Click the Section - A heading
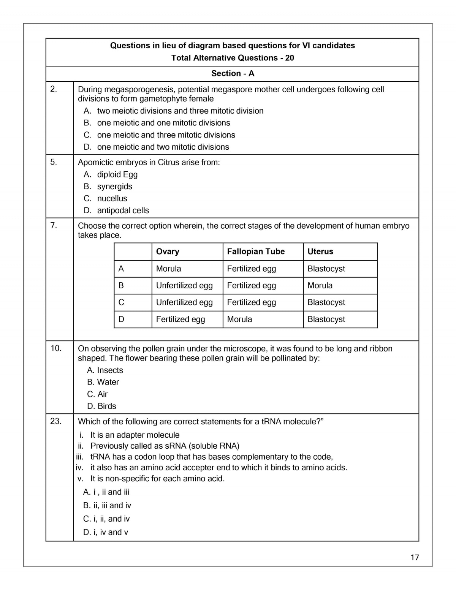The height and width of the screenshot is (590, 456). tap(233, 73)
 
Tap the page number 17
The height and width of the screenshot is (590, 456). tap(415, 557)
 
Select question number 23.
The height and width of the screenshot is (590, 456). tap(55, 421)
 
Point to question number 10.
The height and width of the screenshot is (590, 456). tap(55, 348)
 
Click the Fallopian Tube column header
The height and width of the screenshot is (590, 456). tap(256, 252)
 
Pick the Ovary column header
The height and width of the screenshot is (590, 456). tap(168, 252)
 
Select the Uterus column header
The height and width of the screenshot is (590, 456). tap(320, 252)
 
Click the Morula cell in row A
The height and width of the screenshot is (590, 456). tap(168, 269)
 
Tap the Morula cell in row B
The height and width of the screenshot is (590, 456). tap(320, 285)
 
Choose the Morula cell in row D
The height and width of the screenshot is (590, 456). tap(239, 319)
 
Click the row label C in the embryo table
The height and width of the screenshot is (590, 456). tap(121, 302)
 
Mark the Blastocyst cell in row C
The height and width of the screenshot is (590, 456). tap(326, 302)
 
